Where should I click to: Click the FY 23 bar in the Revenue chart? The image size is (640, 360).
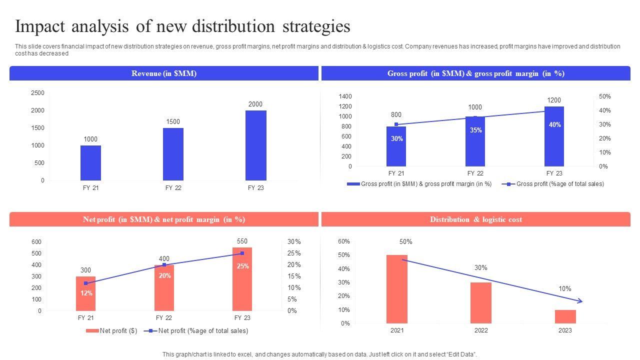click(255, 145)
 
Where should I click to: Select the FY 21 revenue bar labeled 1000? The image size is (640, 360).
click(90, 163)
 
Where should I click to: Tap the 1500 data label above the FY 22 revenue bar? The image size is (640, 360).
click(173, 122)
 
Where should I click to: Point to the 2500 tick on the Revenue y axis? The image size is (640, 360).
click(37, 93)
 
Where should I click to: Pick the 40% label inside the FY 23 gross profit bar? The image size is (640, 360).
click(554, 125)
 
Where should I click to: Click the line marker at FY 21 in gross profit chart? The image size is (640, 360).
click(396, 124)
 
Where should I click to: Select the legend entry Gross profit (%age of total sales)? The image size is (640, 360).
click(559, 184)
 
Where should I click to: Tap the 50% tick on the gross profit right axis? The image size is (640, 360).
click(604, 96)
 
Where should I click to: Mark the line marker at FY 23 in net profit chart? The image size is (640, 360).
click(242, 253)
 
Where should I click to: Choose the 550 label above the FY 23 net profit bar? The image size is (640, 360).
click(242, 241)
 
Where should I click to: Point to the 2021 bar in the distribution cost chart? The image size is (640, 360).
click(397, 289)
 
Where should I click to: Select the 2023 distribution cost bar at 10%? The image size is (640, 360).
click(565, 316)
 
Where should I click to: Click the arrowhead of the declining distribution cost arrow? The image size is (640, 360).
click(580, 301)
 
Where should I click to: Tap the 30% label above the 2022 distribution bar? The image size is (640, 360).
click(480, 268)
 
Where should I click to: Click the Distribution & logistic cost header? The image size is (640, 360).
click(475, 219)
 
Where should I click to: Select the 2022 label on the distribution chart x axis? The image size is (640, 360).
click(481, 330)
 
